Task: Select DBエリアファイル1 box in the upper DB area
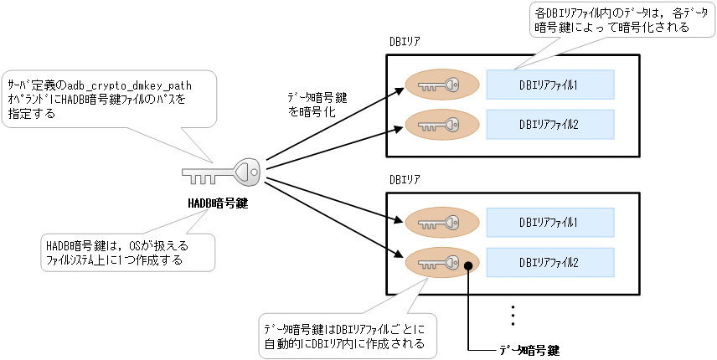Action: tap(549, 85)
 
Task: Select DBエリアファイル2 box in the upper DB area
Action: tap(549, 124)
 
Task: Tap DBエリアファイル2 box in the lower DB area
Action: tap(549, 262)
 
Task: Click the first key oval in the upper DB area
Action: tap(442, 85)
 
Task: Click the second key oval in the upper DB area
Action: tap(442, 124)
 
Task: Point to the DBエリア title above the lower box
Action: tap(405, 179)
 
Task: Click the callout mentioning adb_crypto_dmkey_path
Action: tap(109, 99)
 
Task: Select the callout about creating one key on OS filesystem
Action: tap(126, 251)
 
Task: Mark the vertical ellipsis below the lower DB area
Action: tap(512, 314)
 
